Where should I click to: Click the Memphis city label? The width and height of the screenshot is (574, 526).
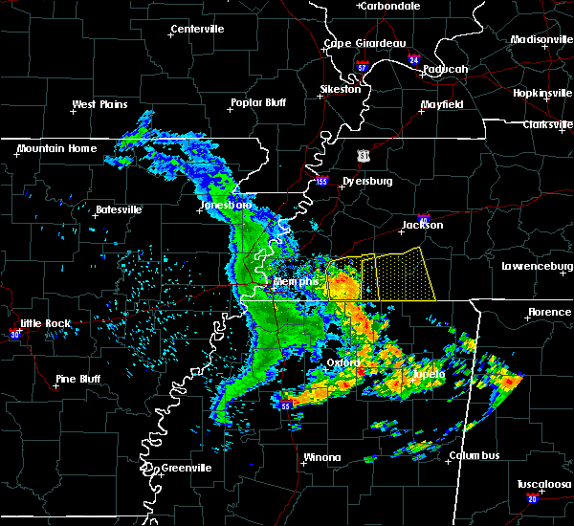[x=296, y=282]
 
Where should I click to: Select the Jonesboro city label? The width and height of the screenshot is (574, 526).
[x=225, y=205]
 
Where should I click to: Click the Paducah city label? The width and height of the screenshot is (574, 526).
[x=446, y=69]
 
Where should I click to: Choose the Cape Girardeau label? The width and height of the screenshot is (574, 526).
[x=364, y=43]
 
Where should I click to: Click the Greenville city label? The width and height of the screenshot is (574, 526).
[x=186, y=468]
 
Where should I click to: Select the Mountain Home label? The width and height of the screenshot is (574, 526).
[x=56, y=148]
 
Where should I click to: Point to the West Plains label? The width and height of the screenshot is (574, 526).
[x=101, y=104]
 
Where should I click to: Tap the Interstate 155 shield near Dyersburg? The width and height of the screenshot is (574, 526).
[x=321, y=180]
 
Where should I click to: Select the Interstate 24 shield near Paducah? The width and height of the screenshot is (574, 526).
[x=413, y=59]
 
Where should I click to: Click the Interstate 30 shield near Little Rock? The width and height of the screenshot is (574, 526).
[x=14, y=334]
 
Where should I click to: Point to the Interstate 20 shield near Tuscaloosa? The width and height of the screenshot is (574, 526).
[x=532, y=498]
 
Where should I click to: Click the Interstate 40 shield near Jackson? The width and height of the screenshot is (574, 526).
[x=425, y=218]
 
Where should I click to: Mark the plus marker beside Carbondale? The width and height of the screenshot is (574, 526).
[x=360, y=6]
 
